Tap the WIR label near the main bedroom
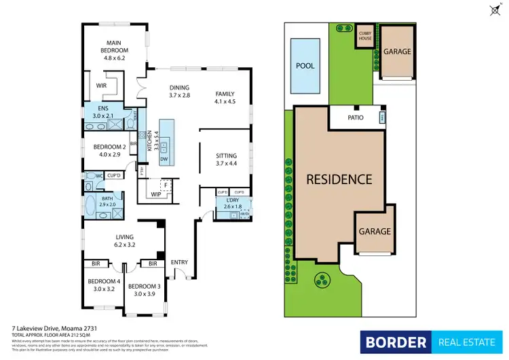coord(101,86)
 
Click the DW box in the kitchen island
coord(164,159)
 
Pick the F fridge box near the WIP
coord(165,185)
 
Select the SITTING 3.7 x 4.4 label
coord(226,160)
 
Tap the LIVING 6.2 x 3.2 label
coord(125,240)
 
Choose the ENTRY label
coord(179,262)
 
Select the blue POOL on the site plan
coord(305,67)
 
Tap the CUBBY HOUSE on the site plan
coord(365,36)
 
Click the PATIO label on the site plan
coord(356,118)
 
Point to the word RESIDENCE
coord(339,179)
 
